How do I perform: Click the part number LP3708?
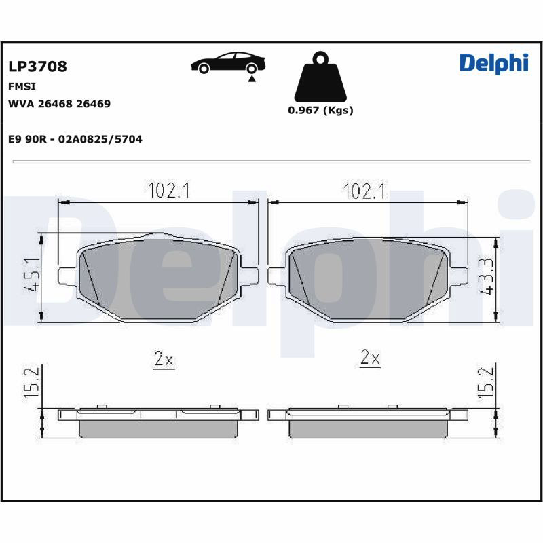(x=37, y=66)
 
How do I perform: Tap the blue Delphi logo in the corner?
(x=494, y=64)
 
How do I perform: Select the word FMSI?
(x=22, y=86)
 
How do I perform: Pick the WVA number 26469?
(x=93, y=104)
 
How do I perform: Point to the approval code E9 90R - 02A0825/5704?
(x=75, y=139)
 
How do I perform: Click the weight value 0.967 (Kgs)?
(x=320, y=110)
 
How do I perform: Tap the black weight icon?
(x=320, y=77)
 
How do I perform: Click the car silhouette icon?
(x=228, y=62)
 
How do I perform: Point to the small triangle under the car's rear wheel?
(x=252, y=79)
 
